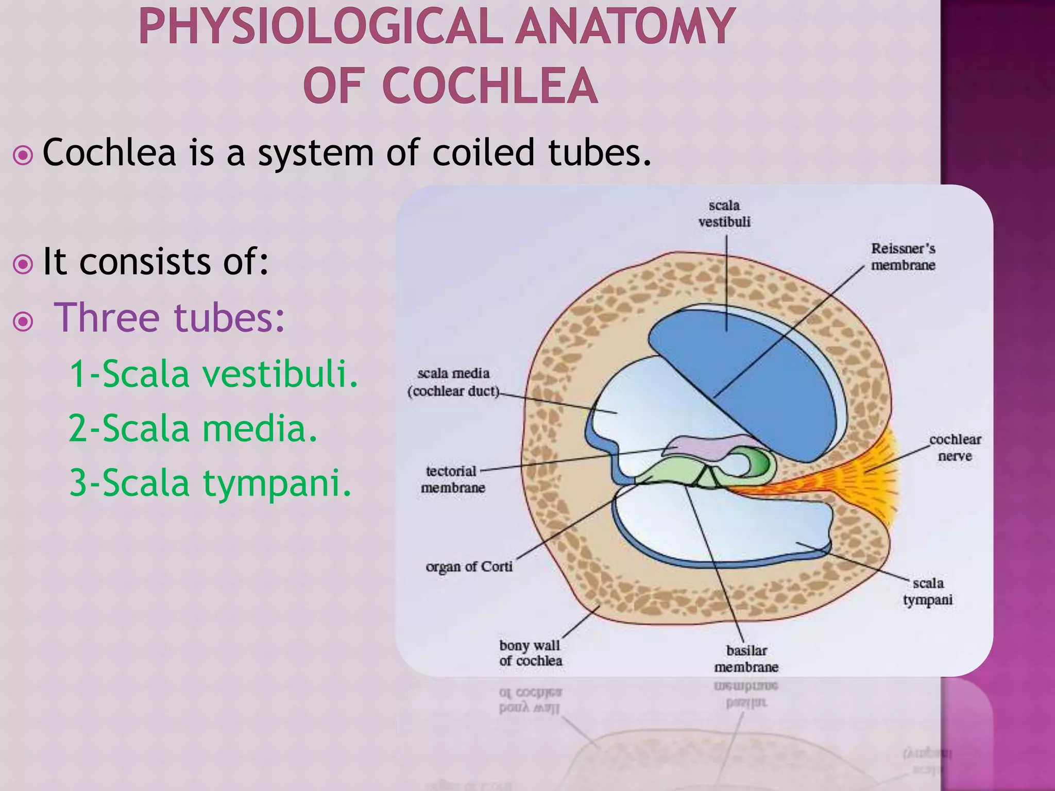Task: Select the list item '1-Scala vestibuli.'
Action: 213,373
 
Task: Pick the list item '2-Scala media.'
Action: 193,428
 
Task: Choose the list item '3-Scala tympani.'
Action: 210,483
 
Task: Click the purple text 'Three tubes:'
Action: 169,317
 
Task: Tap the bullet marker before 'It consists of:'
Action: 23,264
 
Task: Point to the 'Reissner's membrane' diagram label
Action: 903,256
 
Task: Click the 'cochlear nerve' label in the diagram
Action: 955,448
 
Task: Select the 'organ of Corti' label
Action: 469,566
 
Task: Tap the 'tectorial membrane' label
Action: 452,479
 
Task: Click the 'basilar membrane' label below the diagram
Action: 746,659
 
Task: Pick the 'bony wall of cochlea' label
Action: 530,653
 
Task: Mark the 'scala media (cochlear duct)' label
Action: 453,382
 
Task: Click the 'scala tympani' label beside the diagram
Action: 928,591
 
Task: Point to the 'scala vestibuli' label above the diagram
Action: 724,213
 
